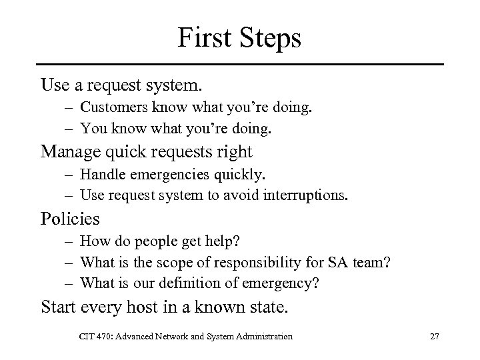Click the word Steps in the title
pyautogui.click(x=267, y=38)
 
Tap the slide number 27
pyautogui.click(x=435, y=337)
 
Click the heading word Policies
pyautogui.click(x=70, y=218)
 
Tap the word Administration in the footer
pyautogui.click(x=263, y=337)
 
